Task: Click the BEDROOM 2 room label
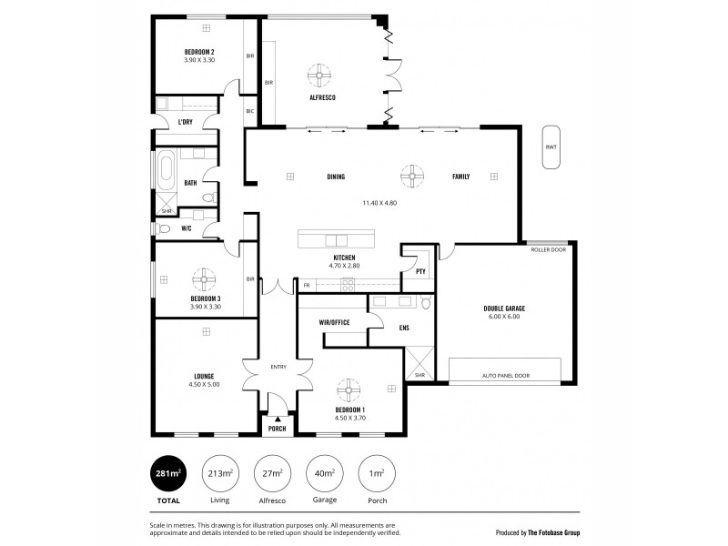tap(198, 52)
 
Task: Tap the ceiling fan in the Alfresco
tap(320, 74)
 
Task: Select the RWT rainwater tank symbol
tap(551, 147)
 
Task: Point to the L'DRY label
tap(185, 122)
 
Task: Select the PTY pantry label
tap(420, 270)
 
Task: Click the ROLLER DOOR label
tap(553, 249)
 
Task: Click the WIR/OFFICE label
tap(335, 322)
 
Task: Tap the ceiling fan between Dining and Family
tap(412, 175)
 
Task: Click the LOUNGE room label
tap(203, 375)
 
